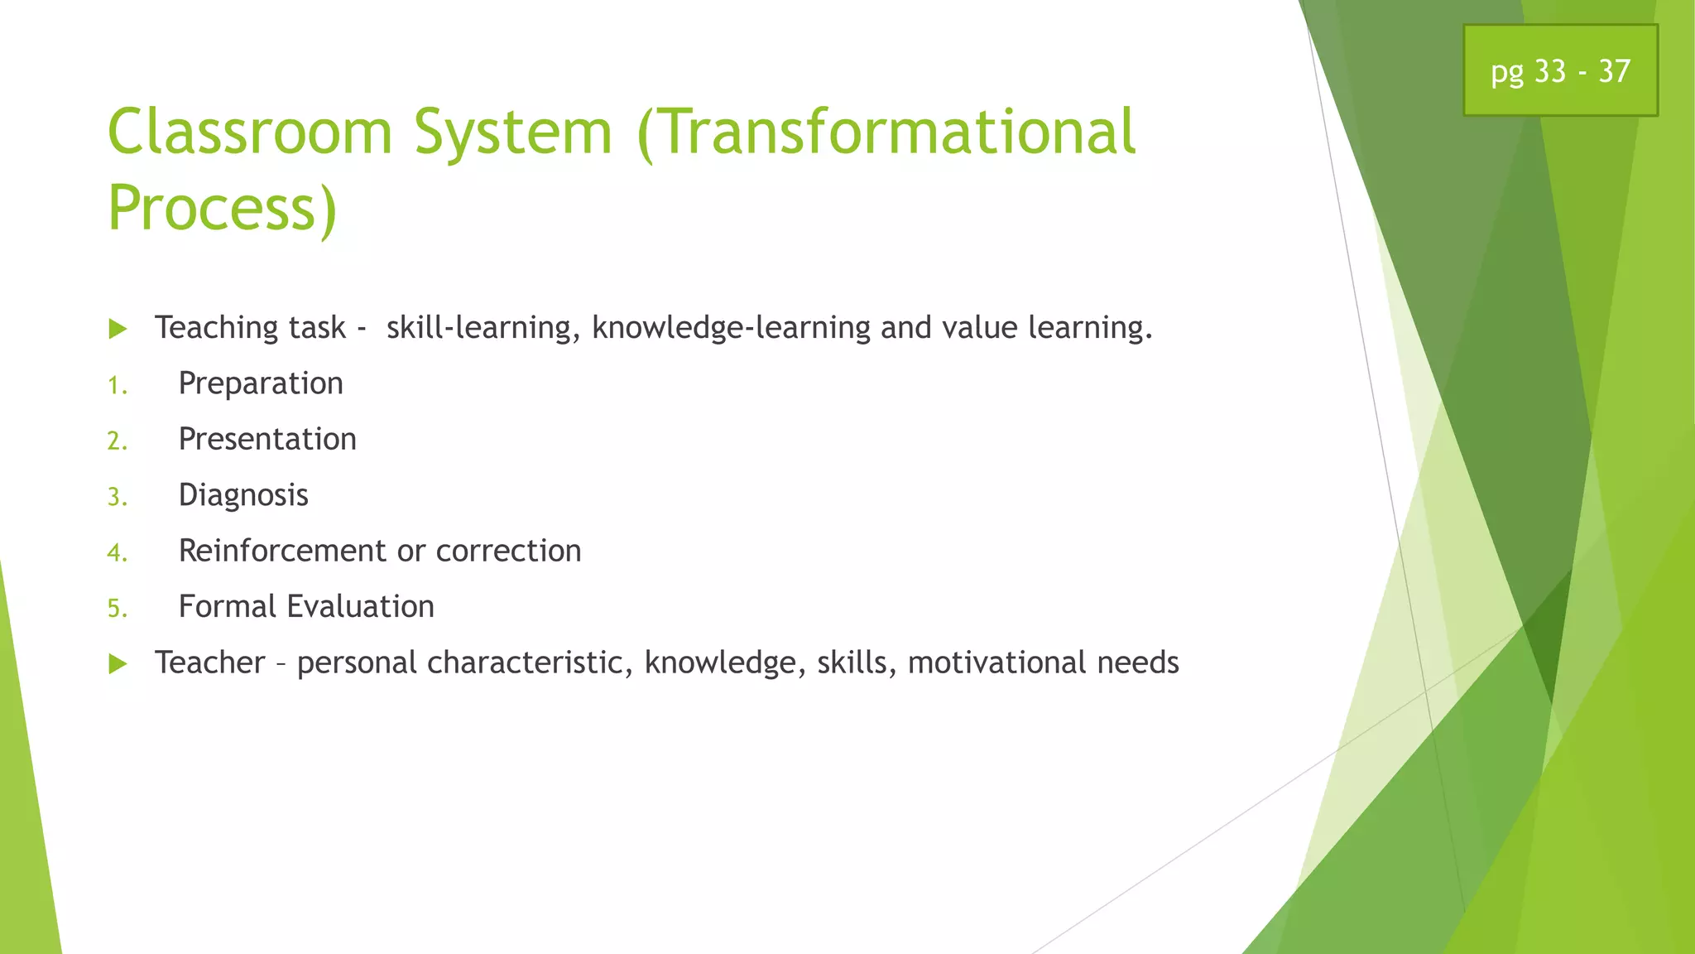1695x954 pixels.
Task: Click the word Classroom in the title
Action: pos(249,132)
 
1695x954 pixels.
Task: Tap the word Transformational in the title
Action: pos(887,132)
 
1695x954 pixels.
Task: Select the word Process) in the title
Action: pos(222,209)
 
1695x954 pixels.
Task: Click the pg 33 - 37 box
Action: pos(1560,71)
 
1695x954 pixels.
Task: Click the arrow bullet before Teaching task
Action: pos(118,330)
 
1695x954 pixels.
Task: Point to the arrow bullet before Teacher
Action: pos(118,664)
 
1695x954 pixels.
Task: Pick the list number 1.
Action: pos(117,386)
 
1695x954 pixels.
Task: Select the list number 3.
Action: pos(117,498)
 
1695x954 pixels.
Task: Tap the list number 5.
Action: pos(117,609)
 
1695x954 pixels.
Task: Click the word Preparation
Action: pos(261,384)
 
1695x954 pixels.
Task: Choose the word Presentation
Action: pos(267,440)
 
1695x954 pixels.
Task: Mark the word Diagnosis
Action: pos(243,495)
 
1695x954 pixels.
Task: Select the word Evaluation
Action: pos(360,607)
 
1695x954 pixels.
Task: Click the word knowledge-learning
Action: pos(731,329)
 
